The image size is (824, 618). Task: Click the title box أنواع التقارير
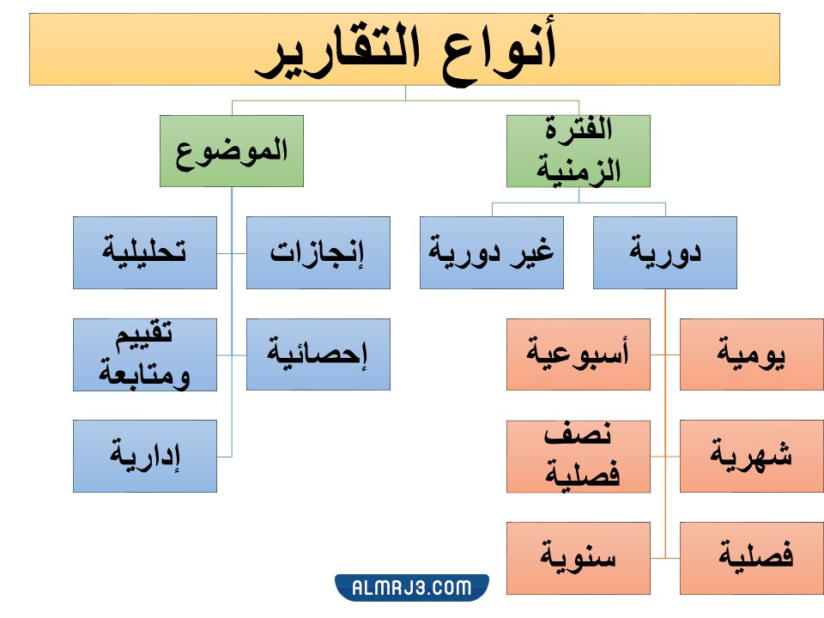pyautogui.click(x=404, y=49)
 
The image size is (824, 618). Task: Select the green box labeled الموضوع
pyautogui.click(x=232, y=151)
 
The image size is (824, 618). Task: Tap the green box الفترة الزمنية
pyautogui.click(x=579, y=151)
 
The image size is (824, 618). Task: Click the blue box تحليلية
pyautogui.click(x=145, y=252)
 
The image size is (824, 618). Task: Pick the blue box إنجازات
pyautogui.click(x=318, y=252)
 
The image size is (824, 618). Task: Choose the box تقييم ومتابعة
pyautogui.click(x=145, y=354)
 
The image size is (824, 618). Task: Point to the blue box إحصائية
pyautogui.click(x=318, y=354)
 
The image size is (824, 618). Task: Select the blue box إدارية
pyautogui.click(x=145, y=456)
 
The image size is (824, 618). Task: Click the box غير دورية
pyautogui.click(x=492, y=252)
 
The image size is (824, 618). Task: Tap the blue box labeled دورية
pyautogui.click(x=665, y=252)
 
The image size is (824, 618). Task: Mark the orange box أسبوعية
pyautogui.click(x=579, y=354)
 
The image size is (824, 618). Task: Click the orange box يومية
pyautogui.click(x=752, y=354)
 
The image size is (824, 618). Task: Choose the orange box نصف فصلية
pyautogui.click(x=579, y=456)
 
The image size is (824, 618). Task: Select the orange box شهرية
pyautogui.click(x=752, y=456)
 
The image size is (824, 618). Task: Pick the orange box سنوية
pyautogui.click(x=579, y=557)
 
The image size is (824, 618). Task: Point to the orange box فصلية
pyautogui.click(x=752, y=557)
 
